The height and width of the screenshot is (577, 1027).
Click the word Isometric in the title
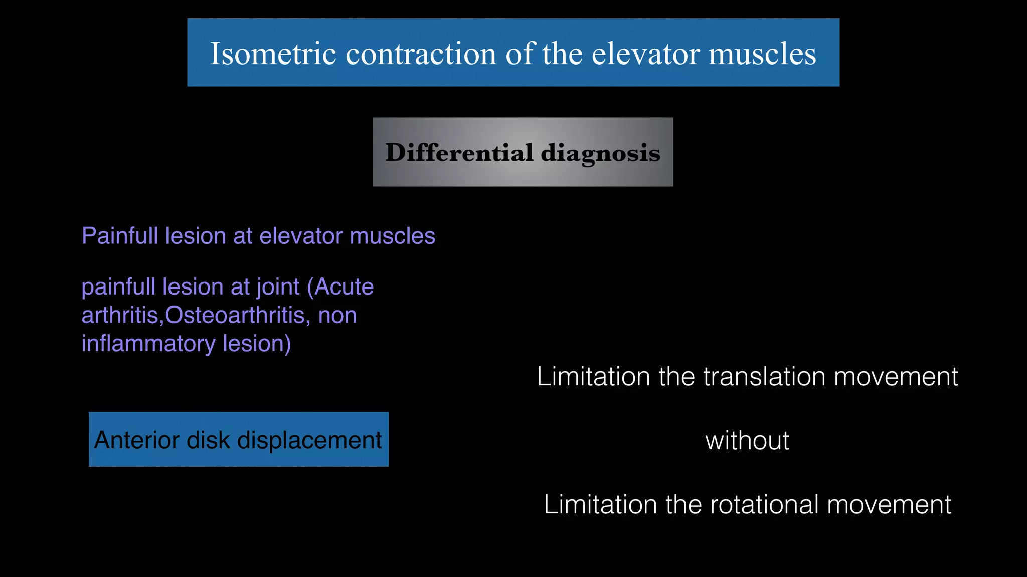coord(272,53)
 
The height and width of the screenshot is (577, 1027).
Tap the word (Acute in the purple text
coord(340,287)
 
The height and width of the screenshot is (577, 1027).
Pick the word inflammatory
coord(148,344)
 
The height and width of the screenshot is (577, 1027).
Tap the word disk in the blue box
coord(208,440)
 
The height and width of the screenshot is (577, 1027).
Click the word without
coord(747,441)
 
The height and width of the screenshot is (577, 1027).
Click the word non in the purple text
coord(337,316)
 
